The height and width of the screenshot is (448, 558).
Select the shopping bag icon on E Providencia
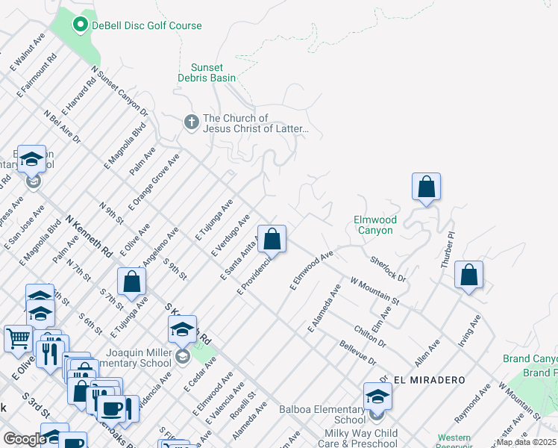[x=272, y=240]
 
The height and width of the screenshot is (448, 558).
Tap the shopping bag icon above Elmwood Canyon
[x=426, y=187]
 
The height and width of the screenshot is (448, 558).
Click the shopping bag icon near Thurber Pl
[x=468, y=275]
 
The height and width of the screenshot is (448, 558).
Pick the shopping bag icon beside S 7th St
[x=131, y=281]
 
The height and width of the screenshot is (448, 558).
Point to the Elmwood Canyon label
[x=374, y=225]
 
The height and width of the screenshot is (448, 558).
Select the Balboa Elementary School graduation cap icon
[x=377, y=396]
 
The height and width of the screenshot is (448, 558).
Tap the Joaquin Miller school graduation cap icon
[x=182, y=329]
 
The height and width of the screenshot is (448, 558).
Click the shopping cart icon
[x=18, y=337]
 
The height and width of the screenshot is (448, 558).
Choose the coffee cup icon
[x=112, y=408]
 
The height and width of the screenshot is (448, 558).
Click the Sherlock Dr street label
[x=388, y=269]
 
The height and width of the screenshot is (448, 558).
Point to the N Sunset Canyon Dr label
[x=119, y=92]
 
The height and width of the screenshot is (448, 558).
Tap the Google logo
[x=25, y=439]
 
